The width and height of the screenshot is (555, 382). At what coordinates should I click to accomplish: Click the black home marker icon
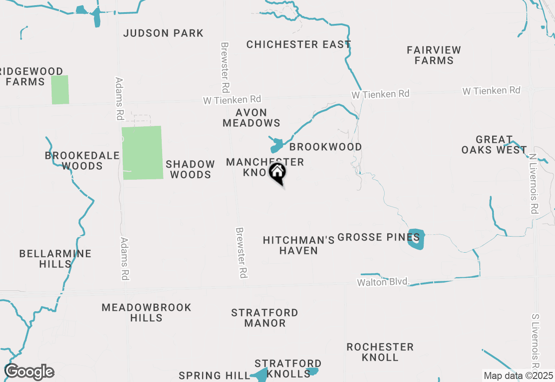coord(277,172)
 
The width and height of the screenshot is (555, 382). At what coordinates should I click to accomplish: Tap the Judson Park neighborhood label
coord(163,33)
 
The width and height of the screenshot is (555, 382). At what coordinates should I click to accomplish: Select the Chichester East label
coord(299,44)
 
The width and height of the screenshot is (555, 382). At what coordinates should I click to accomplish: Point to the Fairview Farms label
coord(434,55)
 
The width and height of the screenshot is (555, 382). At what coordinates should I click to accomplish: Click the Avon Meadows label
coord(251,118)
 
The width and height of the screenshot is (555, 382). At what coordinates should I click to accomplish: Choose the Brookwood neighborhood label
coord(325,147)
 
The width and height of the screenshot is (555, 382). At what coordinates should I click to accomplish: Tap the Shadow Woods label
coord(190,169)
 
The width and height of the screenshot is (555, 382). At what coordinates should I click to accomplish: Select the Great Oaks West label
coord(494,145)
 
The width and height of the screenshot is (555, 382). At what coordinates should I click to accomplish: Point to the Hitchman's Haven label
coord(299,245)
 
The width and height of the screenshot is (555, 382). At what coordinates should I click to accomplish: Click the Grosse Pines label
coord(378,237)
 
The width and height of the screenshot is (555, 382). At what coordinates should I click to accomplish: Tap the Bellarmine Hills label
coord(55,259)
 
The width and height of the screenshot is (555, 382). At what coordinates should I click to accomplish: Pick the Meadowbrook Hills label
coord(147,313)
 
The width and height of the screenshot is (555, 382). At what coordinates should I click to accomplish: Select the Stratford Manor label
coord(264,318)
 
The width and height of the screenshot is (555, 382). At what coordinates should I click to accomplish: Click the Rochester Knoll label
coord(380,352)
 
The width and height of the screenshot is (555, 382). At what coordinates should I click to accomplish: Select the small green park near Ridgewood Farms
coord(60,90)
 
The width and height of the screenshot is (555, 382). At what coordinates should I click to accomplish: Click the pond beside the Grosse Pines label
coord(416,239)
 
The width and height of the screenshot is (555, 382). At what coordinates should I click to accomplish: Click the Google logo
coord(29,372)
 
